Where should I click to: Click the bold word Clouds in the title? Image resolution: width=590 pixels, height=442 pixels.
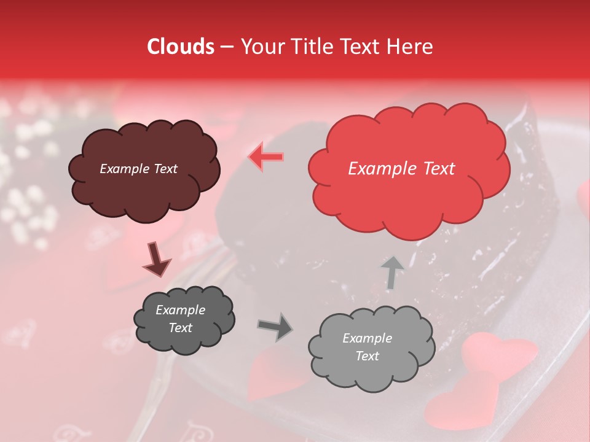(180, 47)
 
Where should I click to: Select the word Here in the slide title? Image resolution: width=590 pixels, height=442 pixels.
(411, 47)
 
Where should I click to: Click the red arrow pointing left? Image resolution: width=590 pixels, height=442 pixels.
(265, 157)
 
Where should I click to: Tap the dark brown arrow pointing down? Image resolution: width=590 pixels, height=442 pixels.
(156, 260)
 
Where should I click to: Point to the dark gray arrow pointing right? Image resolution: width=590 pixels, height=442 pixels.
(275, 327)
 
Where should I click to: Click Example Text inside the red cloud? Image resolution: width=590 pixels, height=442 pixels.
(401, 169)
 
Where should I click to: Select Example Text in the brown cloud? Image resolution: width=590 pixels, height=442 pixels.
(138, 169)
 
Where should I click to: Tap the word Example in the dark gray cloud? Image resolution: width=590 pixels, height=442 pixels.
(180, 310)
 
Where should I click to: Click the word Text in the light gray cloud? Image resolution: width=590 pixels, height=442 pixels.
(367, 356)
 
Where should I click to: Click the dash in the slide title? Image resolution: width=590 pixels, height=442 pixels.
(226, 47)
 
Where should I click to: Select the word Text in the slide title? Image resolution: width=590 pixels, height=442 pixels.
(361, 47)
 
